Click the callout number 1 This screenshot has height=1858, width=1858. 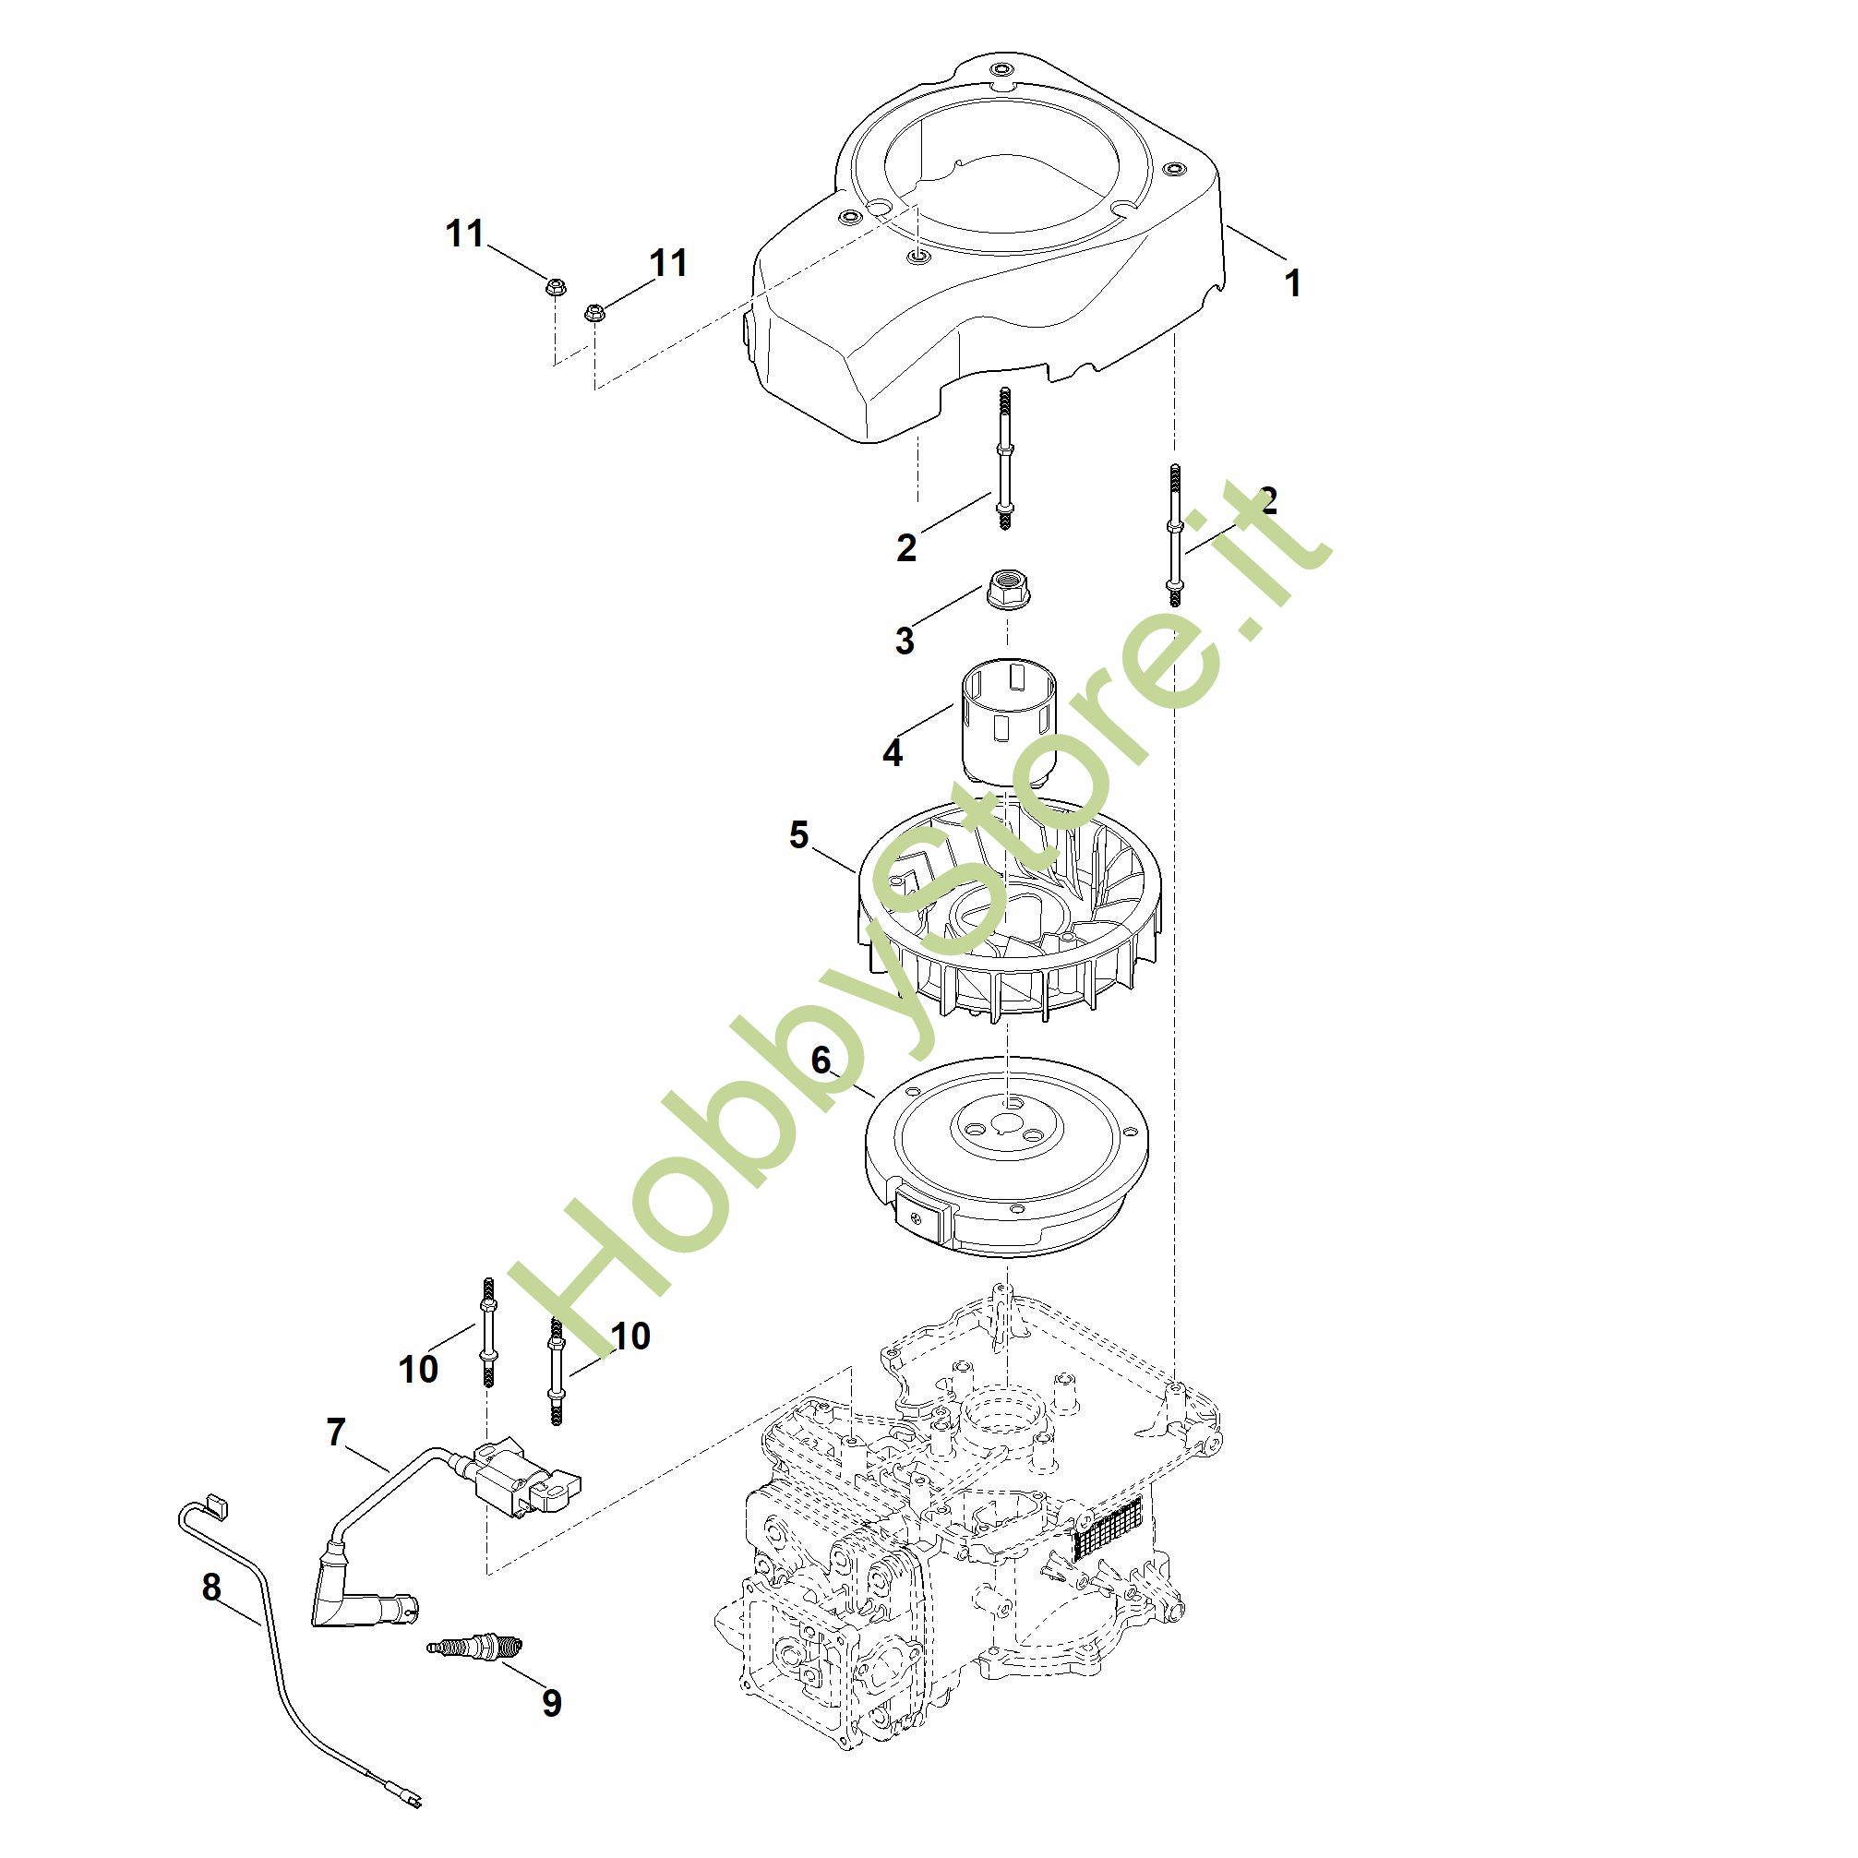(x=1293, y=282)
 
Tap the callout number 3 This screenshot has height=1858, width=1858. (x=904, y=641)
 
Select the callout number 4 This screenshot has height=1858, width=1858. (x=893, y=752)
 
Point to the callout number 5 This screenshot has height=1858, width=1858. (x=798, y=834)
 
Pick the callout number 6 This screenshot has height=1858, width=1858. (x=821, y=1060)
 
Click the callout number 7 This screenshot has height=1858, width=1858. (x=336, y=1432)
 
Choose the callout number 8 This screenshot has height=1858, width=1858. (x=211, y=1587)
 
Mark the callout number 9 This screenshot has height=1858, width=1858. (x=551, y=1702)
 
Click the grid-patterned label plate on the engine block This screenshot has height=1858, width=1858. (x=1106, y=1528)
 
